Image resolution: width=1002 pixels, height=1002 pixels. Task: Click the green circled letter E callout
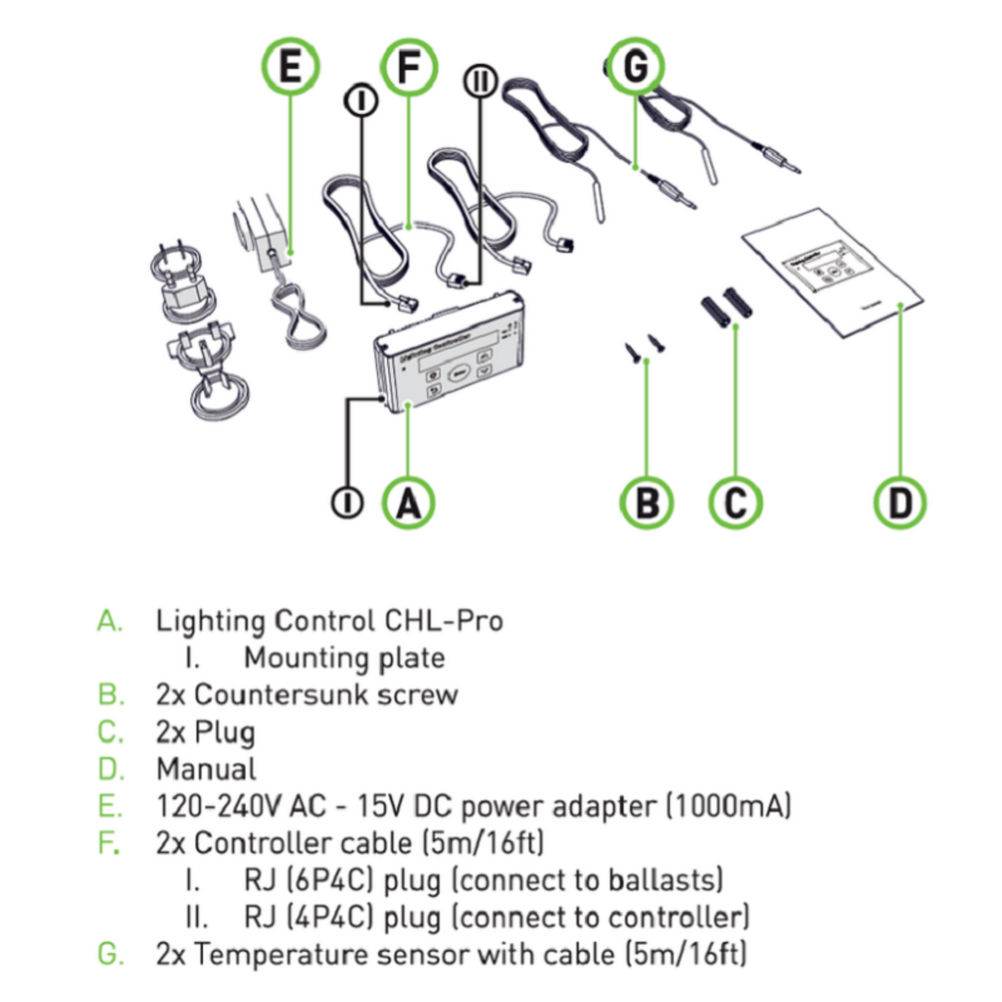[290, 67]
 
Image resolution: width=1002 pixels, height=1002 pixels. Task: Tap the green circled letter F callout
[409, 67]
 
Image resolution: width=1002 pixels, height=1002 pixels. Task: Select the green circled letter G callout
[635, 67]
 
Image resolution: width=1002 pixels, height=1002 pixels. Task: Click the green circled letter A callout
[408, 503]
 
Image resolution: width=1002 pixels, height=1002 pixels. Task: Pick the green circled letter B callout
[646, 503]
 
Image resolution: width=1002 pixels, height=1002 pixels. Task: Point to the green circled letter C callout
[735, 503]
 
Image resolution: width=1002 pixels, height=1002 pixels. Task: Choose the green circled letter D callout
[899, 503]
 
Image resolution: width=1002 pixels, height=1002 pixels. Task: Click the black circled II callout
[480, 82]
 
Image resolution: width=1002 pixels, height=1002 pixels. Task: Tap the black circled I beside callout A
[347, 503]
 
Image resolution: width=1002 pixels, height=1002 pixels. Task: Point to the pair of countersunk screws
[644, 346]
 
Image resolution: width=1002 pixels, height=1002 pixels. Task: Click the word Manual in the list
[206, 769]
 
